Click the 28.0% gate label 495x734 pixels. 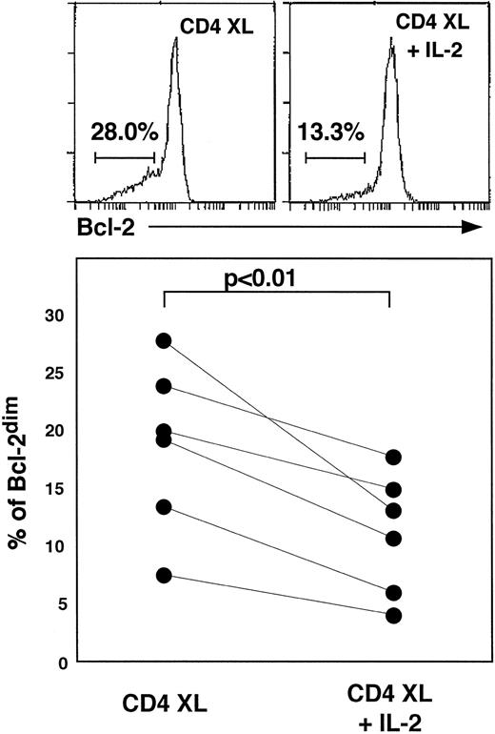124,131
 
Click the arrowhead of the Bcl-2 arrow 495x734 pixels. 465,226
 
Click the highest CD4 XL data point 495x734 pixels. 164,340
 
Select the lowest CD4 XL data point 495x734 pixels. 164,575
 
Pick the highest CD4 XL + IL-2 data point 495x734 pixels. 392,459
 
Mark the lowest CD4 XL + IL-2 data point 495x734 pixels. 392,615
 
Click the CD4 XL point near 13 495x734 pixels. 164,507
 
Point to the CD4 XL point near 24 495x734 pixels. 164,386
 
